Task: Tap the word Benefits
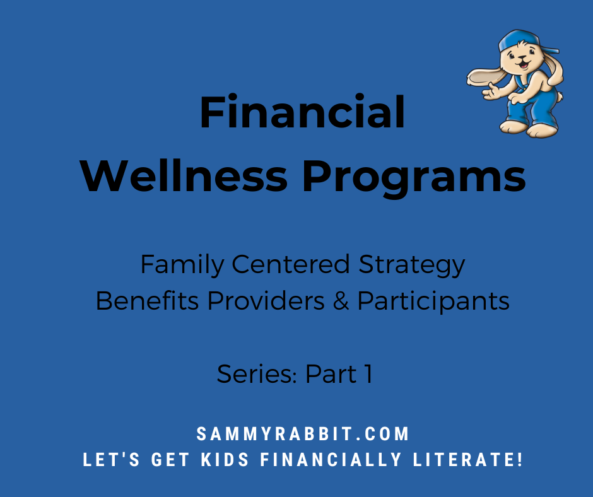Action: [x=148, y=301]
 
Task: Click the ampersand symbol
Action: [x=343, y=301]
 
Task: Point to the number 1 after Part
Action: [x=367, y=375]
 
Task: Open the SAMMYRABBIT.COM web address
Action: [x=303, y=435]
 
